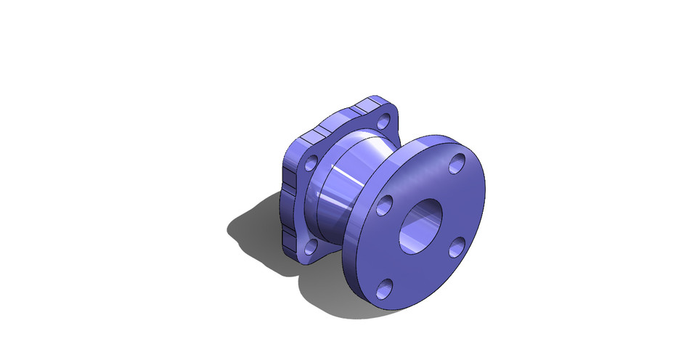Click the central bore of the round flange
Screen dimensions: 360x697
pyautogui.click(x=420, y=226)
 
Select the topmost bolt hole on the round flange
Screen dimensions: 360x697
pyautogui.click(x=457, y=165)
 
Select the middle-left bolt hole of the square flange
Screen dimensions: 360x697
pyautogui.click(x=311, y=163)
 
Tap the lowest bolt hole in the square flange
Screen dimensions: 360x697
pyautogui.click(x=310, y=248)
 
